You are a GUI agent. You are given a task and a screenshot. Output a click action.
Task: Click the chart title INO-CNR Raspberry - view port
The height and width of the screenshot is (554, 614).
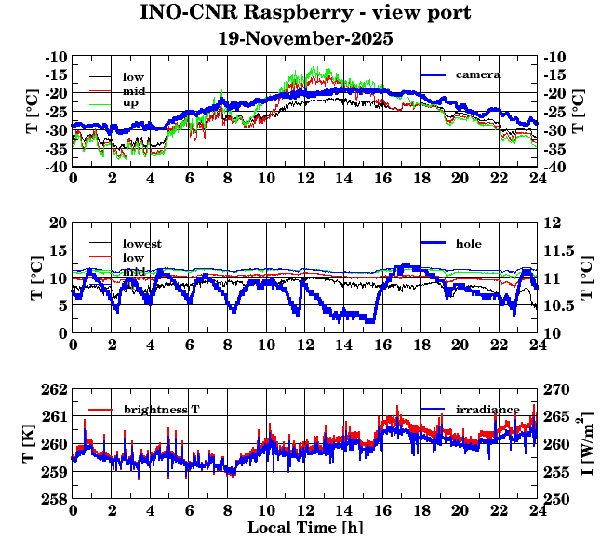tap(305, 13)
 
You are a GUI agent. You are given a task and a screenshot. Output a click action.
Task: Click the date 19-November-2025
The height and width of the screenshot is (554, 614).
tap(305, 39)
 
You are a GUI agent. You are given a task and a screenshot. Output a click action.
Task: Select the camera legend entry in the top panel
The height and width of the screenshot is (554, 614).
tap(478, 74)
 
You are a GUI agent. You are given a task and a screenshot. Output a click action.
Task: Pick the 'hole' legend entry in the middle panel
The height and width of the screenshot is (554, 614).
tap(469, 244)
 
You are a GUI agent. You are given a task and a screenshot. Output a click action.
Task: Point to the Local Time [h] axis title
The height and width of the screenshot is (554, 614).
tap(305, 528)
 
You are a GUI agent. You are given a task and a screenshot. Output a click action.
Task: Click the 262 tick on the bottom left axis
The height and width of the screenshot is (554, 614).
tap(55, 389)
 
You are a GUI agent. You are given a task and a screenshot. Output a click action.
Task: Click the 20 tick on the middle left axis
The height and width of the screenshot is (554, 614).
tap(59, 223)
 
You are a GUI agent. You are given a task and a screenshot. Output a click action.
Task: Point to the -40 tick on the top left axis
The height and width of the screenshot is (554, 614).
tap(56, 168)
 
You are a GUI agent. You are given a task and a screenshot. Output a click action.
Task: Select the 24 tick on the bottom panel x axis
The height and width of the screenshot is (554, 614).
tap(537, 511)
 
